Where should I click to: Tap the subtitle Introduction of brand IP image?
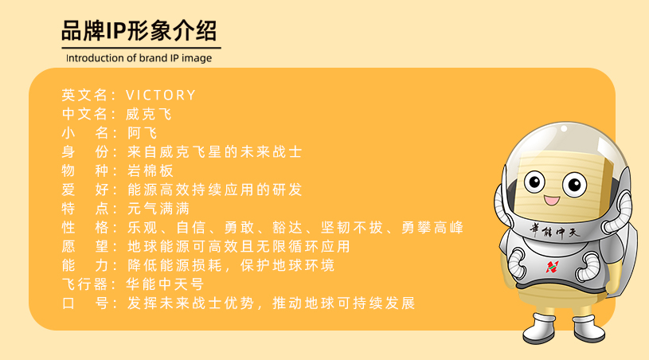point(139,58)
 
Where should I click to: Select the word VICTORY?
point(161,95)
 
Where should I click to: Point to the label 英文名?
point(86,95)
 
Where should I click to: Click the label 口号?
point(86,303)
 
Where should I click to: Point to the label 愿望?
point(86,246)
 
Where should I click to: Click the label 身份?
point(86,151)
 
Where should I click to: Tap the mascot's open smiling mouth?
point(550,200)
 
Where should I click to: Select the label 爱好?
point(86,190)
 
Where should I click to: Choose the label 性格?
point(86,228)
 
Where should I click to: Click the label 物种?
point(86,170)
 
